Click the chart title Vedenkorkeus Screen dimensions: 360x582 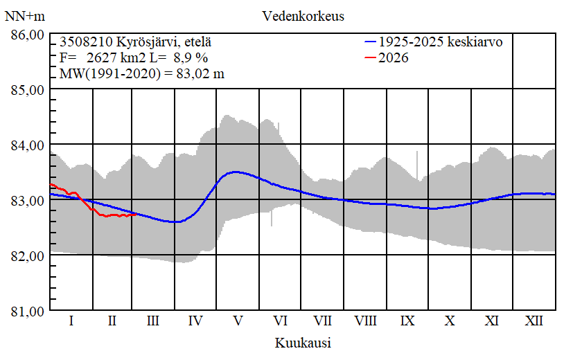pos(303,16)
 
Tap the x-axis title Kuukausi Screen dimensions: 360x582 pos(303,343)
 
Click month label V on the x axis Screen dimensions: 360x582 pos(238,321)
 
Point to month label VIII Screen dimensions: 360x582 pos(365,321)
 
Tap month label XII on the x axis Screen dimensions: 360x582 pos(534,321)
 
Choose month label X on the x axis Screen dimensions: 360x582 pos(450,321)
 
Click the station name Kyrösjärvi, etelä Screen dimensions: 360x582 pos(155,42)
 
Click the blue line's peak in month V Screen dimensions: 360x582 pos(236,172)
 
